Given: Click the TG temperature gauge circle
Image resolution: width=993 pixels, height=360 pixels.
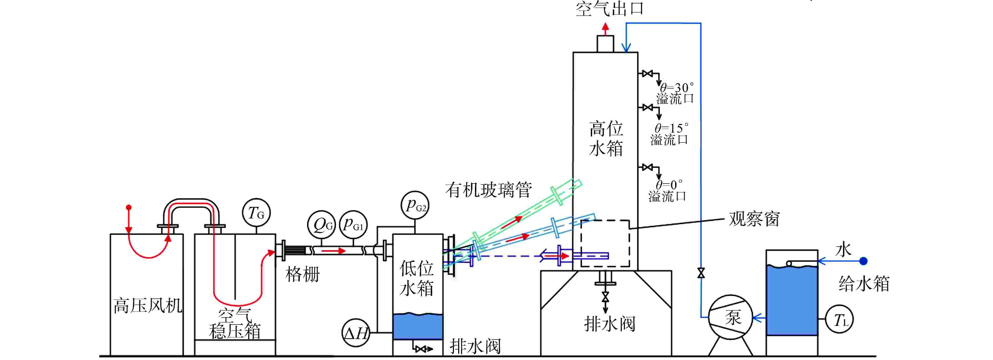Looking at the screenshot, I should coord(256,213).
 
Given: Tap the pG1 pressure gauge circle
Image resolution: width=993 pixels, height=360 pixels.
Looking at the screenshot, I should coord(353,224).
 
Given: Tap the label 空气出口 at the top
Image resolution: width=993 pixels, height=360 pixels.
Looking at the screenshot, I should coord(609,8).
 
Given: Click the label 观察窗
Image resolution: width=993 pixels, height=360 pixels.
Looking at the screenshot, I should coord(754,219).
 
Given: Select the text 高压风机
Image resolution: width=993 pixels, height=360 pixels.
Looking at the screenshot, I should coord(148,306).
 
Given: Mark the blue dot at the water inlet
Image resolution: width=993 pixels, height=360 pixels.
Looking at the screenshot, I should coord(864,261).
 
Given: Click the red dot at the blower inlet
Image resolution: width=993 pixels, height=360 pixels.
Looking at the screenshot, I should coord(129,207).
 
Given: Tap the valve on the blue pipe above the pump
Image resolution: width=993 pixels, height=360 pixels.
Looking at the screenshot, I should coord(701,273).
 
